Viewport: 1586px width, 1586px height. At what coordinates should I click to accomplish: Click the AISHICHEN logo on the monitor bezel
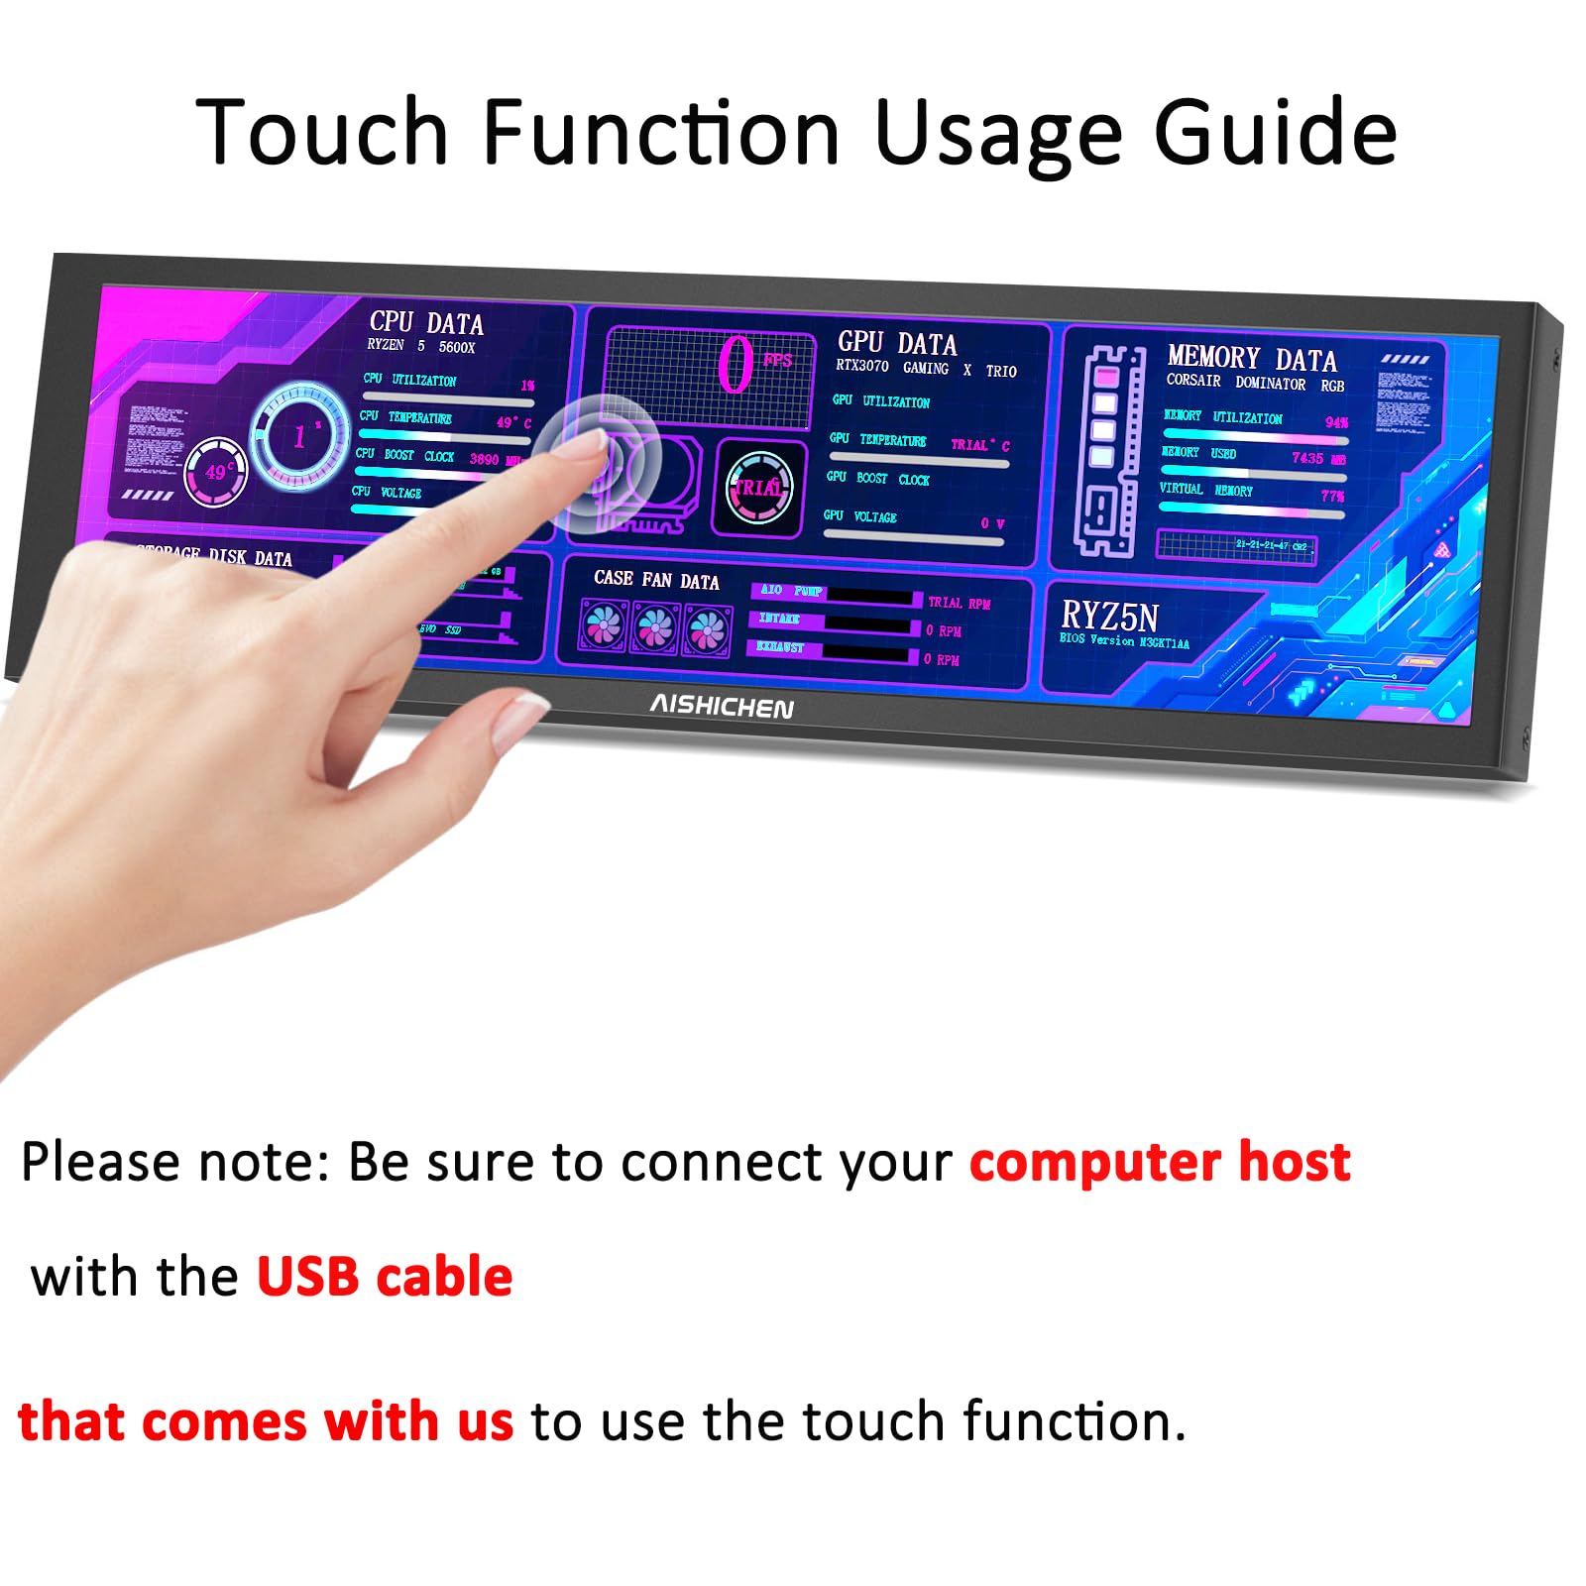point(721,706)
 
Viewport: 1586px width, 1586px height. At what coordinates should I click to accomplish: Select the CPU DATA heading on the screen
point(426,322)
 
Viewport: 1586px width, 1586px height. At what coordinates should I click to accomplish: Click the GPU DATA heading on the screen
point(897,343)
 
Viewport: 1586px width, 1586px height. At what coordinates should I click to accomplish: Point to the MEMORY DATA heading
point(1251,358)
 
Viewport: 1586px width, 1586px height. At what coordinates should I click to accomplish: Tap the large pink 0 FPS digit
point(736,365)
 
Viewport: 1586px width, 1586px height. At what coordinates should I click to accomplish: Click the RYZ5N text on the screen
point(1109,617)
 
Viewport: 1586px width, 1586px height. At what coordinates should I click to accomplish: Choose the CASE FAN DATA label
point(656,580)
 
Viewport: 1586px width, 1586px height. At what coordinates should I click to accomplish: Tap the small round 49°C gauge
point(216,472)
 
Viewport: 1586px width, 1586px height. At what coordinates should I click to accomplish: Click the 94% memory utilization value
point(1336,422)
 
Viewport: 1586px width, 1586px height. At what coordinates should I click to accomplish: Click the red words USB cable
point(385,1277)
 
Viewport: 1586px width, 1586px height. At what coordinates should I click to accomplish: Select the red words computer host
point(1160,1162)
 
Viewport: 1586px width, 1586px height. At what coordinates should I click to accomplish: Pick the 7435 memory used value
point(1307,458)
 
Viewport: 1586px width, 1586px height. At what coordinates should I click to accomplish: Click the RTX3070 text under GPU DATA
point(861,366)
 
